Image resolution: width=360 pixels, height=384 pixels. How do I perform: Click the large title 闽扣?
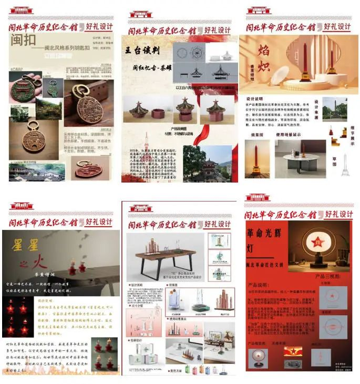pyautogui.click(x=25, y=41)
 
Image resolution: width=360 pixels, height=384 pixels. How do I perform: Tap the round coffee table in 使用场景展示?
pyautogui.click(x=302, y=158)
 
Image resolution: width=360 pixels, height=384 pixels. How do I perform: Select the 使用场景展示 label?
pyautogui.click(x=298, y=135)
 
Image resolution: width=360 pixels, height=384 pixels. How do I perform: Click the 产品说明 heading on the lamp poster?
pyautogui.click(x=259, y=285)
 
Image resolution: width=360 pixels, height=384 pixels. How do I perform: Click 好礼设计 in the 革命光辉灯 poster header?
pyautogui.click(x=338, y=214)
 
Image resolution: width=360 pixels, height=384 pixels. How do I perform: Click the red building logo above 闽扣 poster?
pyautogui.click(x=21, y=10)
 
